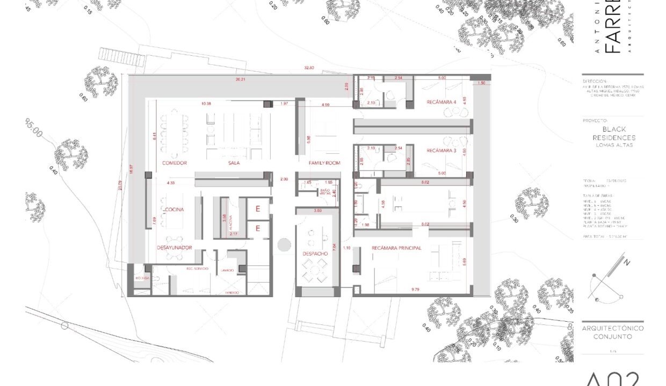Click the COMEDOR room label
click(x=174, y=163)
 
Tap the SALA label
click(x=234, y=163)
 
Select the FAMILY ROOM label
click(x=324, y=163)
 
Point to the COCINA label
click(x=175, y=209)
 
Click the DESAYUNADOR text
click(x=174, y=248)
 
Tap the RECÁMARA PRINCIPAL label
click(x=396, y=248)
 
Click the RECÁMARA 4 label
click(x=441, y=102)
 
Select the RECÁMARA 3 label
click(x=441, y=151)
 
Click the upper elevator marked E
click(x=258, y=209)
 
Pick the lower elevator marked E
click(x=258, y=229)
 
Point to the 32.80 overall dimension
click(x=309, y=68)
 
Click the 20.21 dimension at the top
click(x=240, y=79)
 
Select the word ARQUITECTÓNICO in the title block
click(x=612, y=328)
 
